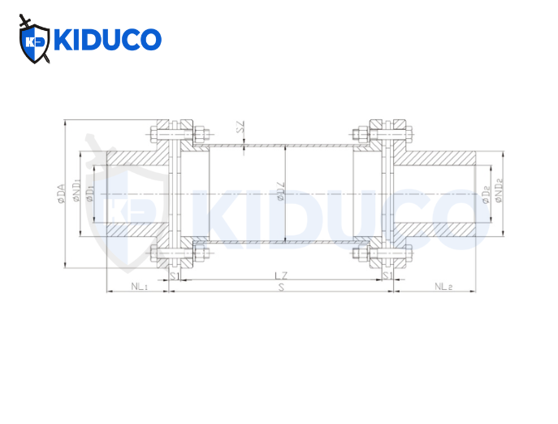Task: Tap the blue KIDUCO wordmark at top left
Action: [x=106, y=40]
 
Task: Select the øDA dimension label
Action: [x=61, y=193]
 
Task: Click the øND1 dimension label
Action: [x=76, y=193]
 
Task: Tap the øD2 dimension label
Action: [x=485, y=193]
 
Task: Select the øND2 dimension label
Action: [x=499, y=193]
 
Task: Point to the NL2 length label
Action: [x=443, y=286]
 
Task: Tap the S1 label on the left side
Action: [x=174, y=276]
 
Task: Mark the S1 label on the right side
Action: [x=388, y=276]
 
